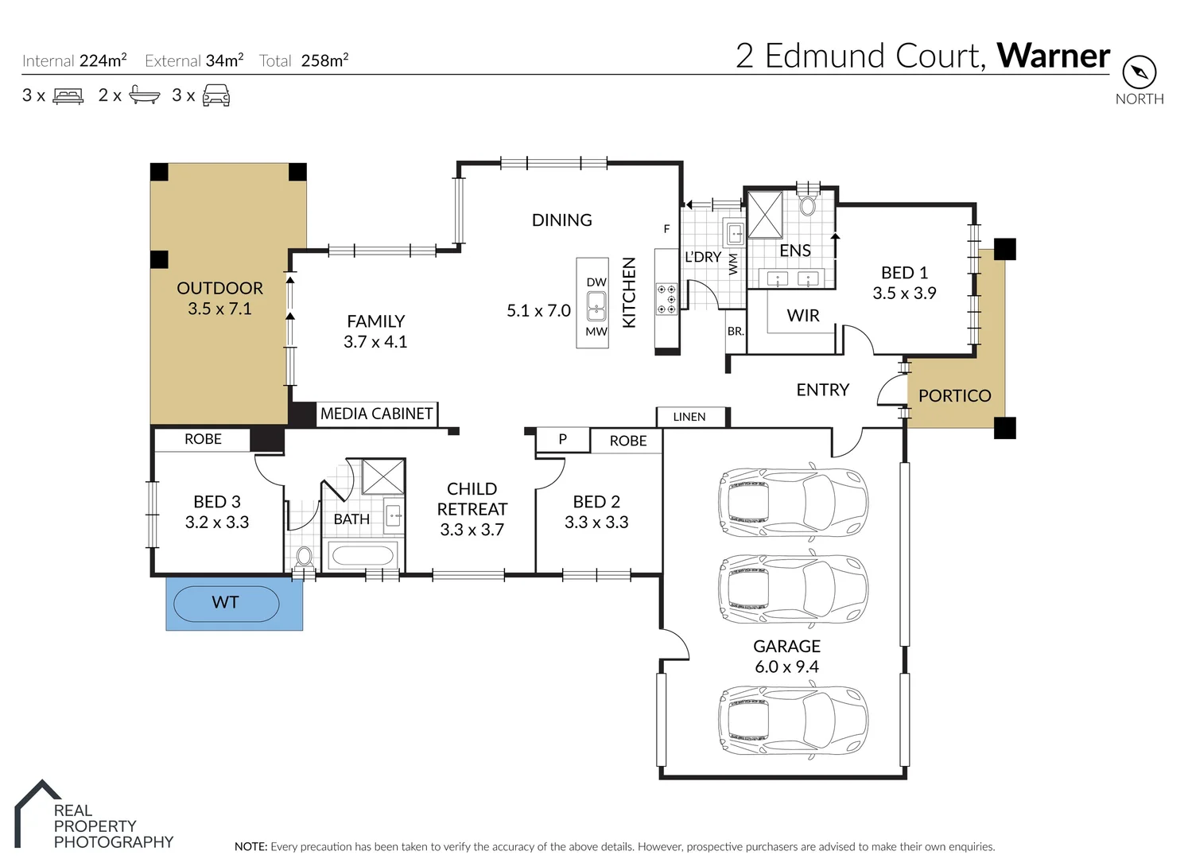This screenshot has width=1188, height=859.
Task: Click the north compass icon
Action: click(1139, 72)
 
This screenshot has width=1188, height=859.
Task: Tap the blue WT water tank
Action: click(227, 603)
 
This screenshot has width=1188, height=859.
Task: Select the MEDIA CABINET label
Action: click(376, 414)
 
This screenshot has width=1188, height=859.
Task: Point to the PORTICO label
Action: click(954, 395)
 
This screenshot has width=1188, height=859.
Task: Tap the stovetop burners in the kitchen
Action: click(666, 299)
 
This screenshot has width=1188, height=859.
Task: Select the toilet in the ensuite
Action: click(808, 204)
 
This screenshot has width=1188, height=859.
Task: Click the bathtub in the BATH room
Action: click(362, 554)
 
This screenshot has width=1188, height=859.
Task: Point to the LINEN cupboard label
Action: click(689, 417)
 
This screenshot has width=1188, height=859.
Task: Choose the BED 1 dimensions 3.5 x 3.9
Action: click(904, 293)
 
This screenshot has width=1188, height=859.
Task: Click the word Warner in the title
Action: click(1053, 56)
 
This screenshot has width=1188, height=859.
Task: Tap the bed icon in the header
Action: click(68, 96)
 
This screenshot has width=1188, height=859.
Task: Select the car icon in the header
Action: click(216, 96)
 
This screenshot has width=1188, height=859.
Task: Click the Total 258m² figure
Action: click(324, 60)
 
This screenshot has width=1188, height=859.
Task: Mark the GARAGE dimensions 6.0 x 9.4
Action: click(786, 667)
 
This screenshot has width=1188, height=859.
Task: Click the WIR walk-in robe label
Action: click(802, 316)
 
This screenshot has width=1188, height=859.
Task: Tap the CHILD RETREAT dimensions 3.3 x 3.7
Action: click(472, 530)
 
